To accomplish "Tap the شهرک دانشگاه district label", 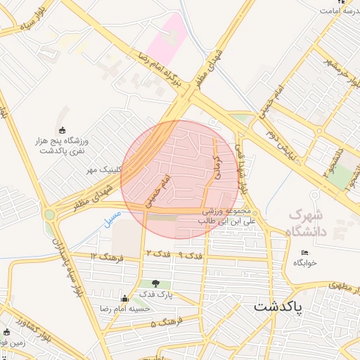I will tap(310, 221).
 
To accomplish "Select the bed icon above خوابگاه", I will tap(304, 253).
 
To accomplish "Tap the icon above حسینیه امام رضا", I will tap(125, 298).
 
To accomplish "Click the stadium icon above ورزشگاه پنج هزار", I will tap(63, 129).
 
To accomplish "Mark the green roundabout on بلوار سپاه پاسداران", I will tap(50, 214).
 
